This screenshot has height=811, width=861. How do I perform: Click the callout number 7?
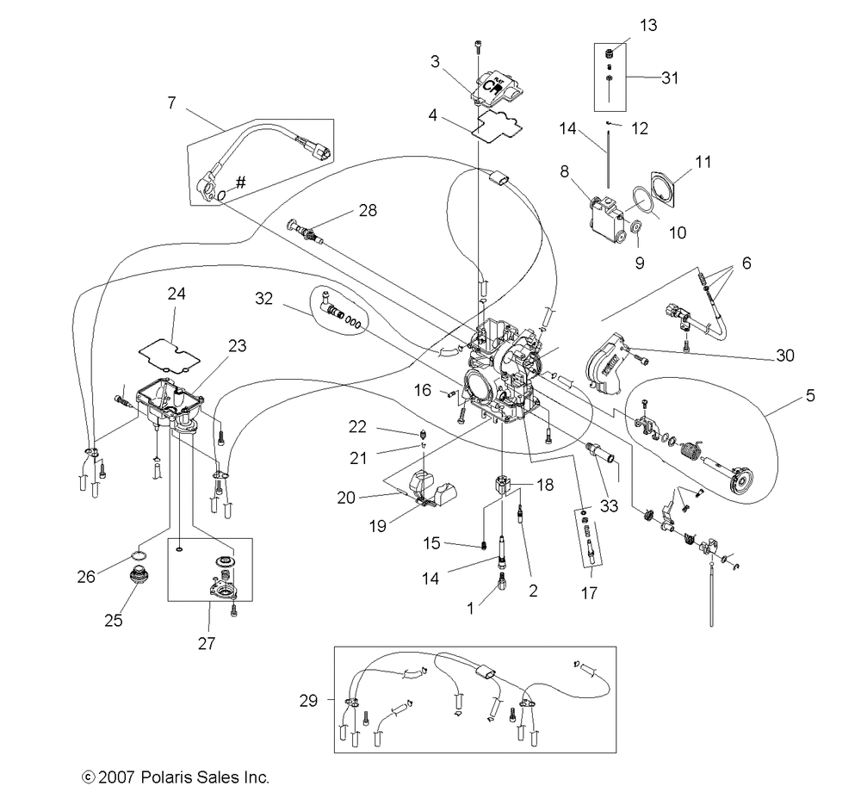point(171,102)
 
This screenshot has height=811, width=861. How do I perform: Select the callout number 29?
point(308,701)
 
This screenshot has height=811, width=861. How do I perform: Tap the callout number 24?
point(177,294)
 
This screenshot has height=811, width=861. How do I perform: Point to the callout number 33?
point(609,505)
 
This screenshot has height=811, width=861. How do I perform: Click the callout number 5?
point(810,395)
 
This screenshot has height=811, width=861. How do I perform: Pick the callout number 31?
point(670,78)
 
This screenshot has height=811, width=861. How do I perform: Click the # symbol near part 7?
point(240,183)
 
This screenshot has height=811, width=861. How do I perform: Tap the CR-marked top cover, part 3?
point(497,88)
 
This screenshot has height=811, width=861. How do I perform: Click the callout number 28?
point(368,210)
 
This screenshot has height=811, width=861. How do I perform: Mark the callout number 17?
point(589,593)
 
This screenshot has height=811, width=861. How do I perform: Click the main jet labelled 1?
point(501,580)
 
